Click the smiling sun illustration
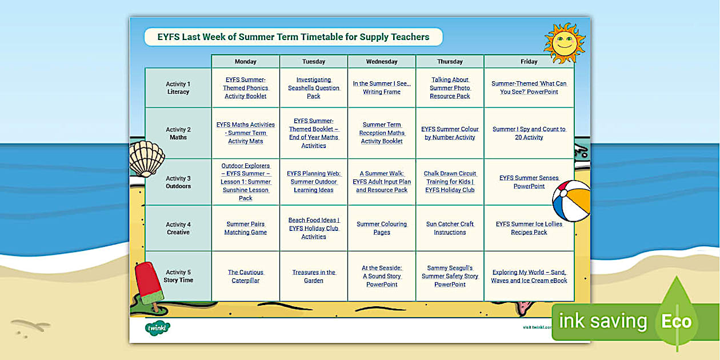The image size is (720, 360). (x=564, y=43)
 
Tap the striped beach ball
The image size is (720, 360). (x=571, y=201)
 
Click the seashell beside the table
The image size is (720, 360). (x=147, y=158)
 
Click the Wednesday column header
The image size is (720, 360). (x=382, y=61)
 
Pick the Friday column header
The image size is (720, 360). (x=529, y=61)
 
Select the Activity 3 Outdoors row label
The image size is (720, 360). (x=178, y=182)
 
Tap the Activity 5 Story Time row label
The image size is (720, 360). (x=178, y=276)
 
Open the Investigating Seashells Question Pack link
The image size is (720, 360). (x=314, y=88)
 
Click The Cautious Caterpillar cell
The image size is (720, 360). (x=245, y=277)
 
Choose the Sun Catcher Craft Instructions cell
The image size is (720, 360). (x=450, y=228)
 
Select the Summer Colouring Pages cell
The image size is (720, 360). (x=382, y=228)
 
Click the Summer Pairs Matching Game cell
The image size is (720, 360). (x=245, y=228)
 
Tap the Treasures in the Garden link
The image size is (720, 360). (x=314, y=277)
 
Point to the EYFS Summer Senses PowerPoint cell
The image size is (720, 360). (x=529, y=182)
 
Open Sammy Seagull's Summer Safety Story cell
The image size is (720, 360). (x=450, y=276)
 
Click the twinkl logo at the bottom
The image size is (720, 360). (x=157, y=328)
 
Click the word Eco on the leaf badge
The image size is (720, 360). (x=677, y=321)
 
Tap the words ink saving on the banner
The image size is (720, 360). (x=602, y=321)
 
